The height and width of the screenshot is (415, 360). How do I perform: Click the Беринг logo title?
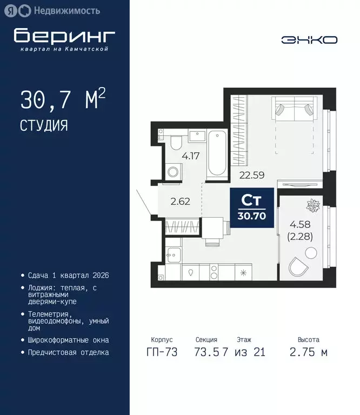point(64,35)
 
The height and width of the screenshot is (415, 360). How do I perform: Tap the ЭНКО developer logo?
point(309,40)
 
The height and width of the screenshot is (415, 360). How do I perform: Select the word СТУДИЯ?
point(44,126)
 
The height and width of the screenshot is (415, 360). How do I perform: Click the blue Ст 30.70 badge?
point(251,207)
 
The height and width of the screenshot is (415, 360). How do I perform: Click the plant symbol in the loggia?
point(313,206)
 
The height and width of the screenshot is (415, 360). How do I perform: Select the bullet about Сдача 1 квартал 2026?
point(69,275)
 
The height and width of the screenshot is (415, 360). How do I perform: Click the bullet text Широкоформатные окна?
point(68,340)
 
